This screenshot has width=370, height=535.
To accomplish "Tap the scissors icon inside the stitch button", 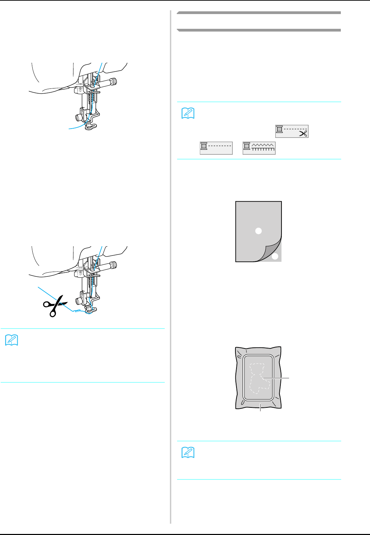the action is (303, 133).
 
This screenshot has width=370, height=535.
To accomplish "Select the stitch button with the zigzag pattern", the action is (259, 148).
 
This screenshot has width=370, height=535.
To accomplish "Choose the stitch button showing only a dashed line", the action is (216, 148).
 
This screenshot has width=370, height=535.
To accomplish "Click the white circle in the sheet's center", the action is (258, 231).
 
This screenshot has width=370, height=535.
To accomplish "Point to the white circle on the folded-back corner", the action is (275, 256).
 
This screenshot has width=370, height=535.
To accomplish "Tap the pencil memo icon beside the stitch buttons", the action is (188, 113).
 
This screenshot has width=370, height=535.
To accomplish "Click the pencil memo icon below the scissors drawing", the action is (12, 340).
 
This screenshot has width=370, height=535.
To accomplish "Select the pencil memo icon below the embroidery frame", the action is (188, 453).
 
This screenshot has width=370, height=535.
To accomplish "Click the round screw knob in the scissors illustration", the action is (113, 265).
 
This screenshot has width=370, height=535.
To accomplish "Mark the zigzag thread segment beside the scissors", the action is (78, 310).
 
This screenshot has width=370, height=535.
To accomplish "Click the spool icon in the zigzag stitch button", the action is (247, 146).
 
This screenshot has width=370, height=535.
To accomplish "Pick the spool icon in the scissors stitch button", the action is (279, 130).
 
